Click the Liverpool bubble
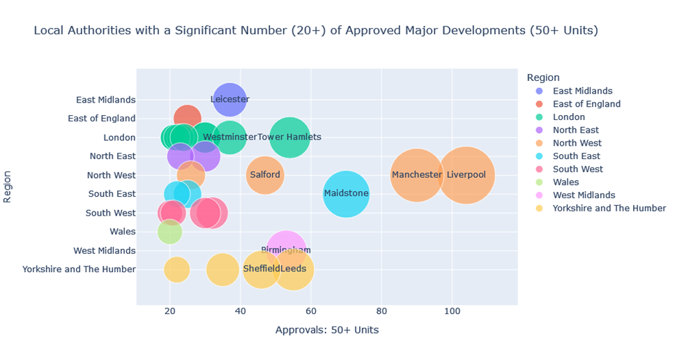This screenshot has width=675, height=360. coord(467,175)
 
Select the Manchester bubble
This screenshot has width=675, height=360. coord(417,175)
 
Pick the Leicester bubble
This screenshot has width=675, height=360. coord(229,99)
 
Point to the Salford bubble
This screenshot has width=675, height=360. coord(265,175)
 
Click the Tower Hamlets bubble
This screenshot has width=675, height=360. coord(289,137)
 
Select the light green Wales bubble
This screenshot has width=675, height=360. coord(169,232)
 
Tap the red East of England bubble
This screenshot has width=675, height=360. coord(187,119)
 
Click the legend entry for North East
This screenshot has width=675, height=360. coord(575,130)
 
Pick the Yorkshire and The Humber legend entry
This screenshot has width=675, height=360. coord(609,208)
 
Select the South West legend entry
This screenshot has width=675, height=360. coord(577,169)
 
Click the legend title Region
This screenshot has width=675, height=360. coord(543,77)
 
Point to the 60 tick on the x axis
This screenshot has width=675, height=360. coord(311,310)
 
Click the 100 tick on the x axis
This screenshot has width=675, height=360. coord(452,310)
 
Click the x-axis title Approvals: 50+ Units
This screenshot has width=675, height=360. coord(327,330)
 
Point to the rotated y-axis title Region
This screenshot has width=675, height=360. coord(8,185)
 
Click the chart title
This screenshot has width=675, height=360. coord(316,31)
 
